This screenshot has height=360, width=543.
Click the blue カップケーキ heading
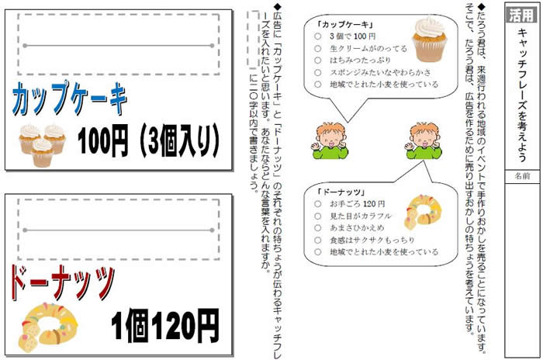point(70,99)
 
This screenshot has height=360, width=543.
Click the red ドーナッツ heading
point(62,282)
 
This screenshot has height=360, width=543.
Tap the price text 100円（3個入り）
point(149,140)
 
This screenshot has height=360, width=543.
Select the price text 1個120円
point(165,325)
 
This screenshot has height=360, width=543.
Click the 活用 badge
point(522,15)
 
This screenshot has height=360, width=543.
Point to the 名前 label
point(522,176)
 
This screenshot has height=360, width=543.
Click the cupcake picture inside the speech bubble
point(430,39)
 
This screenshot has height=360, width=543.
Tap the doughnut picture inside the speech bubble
point(424,212)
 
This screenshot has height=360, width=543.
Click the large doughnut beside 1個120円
point(48,327)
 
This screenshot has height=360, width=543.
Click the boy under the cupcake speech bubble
point(329,140)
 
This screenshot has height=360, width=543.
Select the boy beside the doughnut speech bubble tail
point(424,140)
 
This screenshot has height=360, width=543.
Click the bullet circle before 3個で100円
point(317,36)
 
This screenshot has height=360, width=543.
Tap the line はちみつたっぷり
point(360,61)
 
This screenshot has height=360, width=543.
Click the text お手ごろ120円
point(357,204)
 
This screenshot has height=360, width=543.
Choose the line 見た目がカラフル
point(360,216)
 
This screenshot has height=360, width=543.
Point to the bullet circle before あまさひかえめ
point(317,228)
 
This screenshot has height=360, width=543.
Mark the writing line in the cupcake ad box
point(119,46)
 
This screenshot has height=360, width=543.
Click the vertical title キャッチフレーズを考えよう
point(522,95)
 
